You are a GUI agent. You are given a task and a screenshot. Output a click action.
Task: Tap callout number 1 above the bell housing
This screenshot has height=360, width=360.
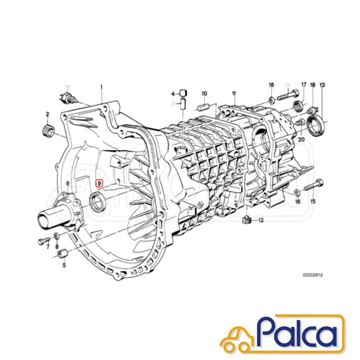point(102,87)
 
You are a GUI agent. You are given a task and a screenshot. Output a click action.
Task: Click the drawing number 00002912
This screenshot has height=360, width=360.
point(312,275)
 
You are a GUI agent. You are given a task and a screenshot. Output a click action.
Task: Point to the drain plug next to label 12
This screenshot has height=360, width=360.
point(247,219)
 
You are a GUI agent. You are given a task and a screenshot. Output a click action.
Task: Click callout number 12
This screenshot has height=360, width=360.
point(261,220)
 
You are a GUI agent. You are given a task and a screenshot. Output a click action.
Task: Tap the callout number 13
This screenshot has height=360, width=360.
point(322,85)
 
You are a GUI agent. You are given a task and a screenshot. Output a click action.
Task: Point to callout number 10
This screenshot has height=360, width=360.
point(204,94)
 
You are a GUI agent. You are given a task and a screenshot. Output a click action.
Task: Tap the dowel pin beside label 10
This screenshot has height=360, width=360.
point(204,107)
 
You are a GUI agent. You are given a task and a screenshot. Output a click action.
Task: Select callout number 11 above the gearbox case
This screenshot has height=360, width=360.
point(234,94)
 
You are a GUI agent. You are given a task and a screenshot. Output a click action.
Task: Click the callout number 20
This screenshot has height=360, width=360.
point(301,139)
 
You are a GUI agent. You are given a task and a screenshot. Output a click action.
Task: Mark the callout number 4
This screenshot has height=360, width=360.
point(173,94)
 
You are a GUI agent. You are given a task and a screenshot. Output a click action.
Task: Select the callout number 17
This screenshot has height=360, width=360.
point(304,85)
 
